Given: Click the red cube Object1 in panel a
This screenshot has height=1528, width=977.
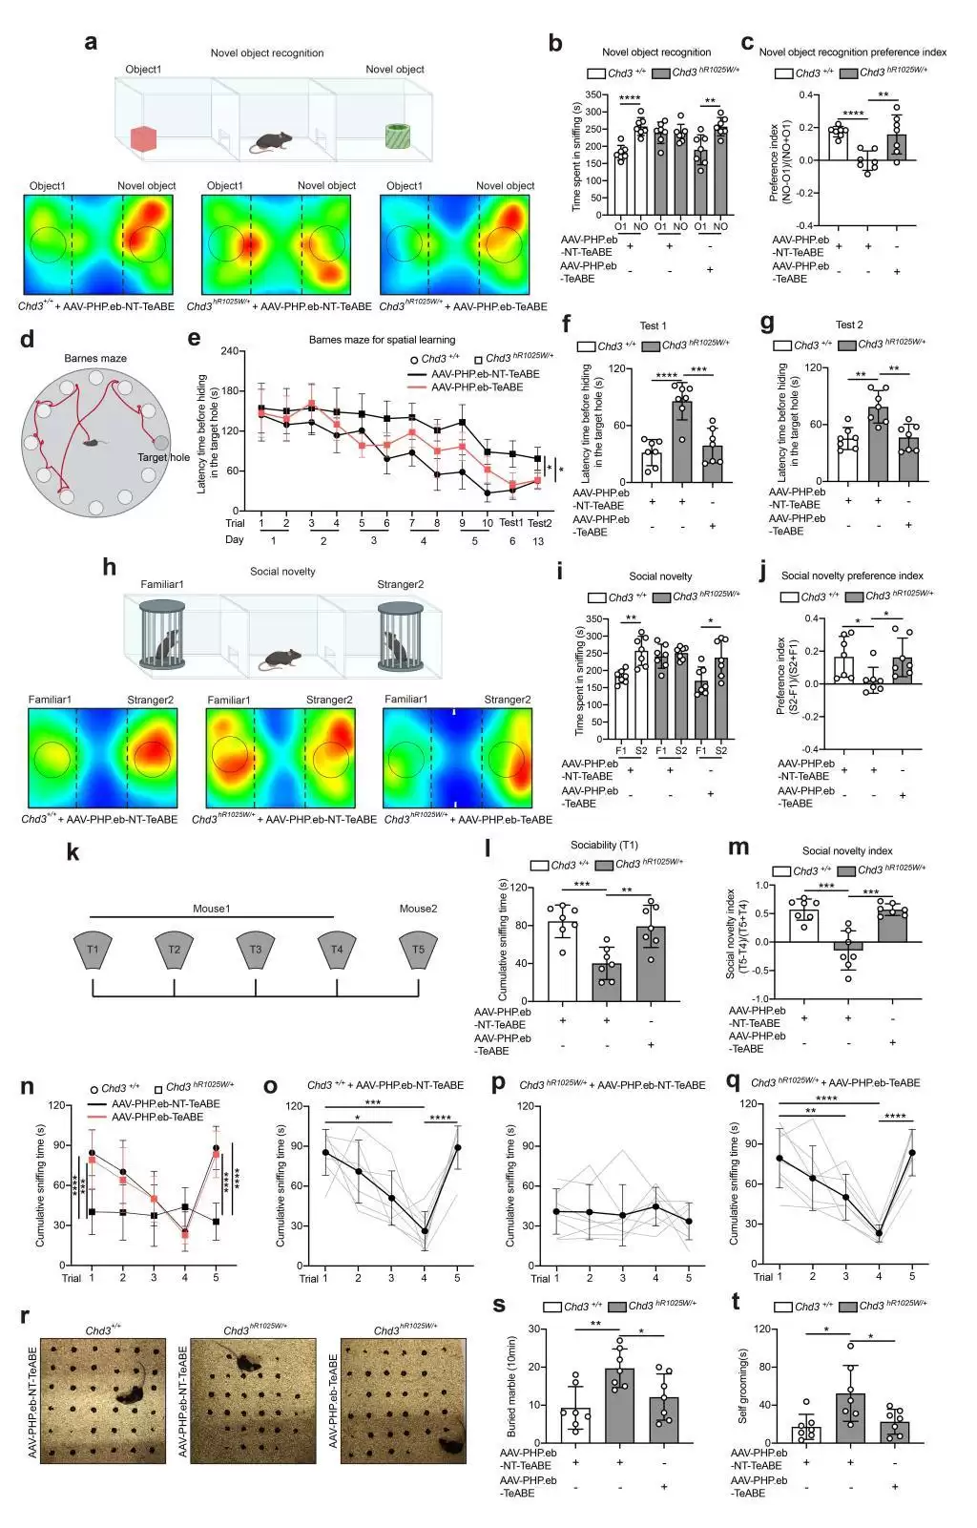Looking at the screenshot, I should (143, 139).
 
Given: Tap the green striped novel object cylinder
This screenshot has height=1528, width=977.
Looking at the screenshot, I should (396, 136).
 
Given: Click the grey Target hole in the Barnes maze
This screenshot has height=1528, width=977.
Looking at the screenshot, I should (161, 443).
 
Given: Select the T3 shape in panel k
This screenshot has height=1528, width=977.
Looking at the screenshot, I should (255, 950).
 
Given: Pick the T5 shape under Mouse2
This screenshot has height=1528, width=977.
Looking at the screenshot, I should (418, 950).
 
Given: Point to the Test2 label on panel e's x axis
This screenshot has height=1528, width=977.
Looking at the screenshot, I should (539, 522).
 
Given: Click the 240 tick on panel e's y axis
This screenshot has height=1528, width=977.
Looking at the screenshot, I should (229, 351).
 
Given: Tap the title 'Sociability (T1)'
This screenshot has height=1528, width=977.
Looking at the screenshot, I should (603, 845).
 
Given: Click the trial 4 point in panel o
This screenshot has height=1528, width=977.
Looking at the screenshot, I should (425, 1231).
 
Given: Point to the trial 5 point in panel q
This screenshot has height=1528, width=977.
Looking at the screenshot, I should (912, 1152).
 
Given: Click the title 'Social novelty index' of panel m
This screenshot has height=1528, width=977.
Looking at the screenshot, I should (847, 850).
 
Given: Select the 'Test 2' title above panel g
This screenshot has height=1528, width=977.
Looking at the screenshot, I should (848, 324).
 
